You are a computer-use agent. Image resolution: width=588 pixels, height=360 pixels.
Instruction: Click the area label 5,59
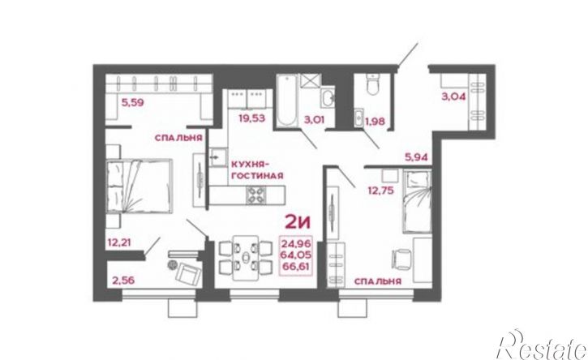coord(132,102)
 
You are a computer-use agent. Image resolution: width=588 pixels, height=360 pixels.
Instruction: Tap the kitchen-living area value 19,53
coord(252,118)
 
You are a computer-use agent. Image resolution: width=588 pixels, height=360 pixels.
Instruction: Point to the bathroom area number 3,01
coord(314,120)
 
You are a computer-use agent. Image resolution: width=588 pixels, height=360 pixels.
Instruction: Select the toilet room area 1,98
coord(375,122)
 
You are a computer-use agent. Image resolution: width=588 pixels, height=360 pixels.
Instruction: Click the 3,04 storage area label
coord(453,96)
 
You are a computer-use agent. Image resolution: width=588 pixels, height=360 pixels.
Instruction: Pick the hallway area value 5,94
coord(416,157)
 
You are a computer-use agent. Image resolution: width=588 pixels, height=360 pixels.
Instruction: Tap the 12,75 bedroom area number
coord(380,191)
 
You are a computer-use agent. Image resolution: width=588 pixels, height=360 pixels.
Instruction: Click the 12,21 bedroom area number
coord(120,242)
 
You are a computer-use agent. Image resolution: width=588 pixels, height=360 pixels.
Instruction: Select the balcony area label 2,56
coord(123,280)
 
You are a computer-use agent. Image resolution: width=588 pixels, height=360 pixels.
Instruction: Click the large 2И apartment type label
coord(298,223)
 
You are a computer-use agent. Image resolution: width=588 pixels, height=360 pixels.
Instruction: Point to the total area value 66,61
coord(297,267)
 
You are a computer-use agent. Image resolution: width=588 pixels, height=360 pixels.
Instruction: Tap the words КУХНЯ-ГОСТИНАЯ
coord(257,170)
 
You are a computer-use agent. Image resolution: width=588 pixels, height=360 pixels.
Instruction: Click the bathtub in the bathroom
coord(287,100)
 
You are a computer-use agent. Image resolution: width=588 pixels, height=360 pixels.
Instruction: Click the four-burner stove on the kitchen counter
coord(256,195)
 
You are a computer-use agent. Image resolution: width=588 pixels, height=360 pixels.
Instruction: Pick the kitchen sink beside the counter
coord(218,157)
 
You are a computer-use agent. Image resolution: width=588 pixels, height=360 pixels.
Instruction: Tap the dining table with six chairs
coord(245,258)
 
